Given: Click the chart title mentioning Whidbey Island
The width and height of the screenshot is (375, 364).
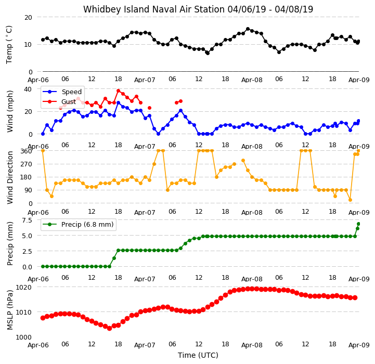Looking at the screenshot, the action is [x=198, y=9].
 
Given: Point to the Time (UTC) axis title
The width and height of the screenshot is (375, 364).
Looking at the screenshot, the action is [x=198, y=355].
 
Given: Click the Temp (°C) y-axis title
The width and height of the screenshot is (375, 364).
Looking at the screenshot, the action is [x=9, y=45].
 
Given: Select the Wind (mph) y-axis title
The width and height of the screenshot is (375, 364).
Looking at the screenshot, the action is [x=9, y=111].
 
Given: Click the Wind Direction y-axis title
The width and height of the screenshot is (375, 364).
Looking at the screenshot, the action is [x=9, y=177].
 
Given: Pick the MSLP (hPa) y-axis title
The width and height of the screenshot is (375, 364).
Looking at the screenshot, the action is [x=9, y=310].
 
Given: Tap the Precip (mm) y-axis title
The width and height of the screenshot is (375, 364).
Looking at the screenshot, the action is [x=9, y=243].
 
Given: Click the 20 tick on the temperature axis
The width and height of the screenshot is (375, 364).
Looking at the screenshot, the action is [x=28, y=18].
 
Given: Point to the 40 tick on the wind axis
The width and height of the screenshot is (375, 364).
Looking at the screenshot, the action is [x=28, y=89].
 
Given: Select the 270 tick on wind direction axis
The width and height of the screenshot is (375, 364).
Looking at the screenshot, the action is [x=27, y=164].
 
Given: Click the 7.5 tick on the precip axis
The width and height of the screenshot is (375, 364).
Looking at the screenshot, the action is [x=27, y=220].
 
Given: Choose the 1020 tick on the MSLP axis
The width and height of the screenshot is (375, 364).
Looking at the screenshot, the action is [x=24, y=287].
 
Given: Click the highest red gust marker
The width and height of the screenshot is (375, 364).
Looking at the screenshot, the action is [x=119, y=91].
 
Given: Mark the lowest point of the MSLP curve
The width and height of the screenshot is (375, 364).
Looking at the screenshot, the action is [x=110, y=328].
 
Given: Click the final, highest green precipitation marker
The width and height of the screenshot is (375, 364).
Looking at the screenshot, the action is [x=358, y=224].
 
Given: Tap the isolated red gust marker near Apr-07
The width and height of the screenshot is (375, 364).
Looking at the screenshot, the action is [x=149, y=108].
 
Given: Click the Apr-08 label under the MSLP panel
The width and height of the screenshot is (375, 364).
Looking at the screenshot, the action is [x=252, y=345].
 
